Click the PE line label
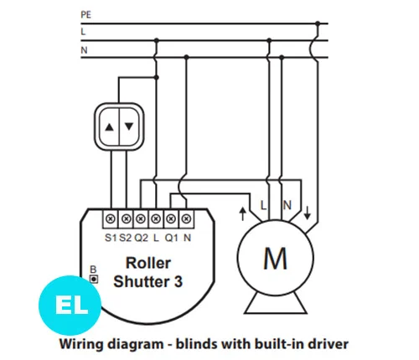(86, 14)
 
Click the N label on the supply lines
(84, 50)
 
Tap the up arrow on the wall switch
(110, 127)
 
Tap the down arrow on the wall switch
(129, 126)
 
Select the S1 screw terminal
(111, 219)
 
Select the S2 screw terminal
(127, 219)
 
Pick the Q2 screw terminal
(141, 219)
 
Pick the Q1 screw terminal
(171, 219)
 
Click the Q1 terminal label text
(171, 238)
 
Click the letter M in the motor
(275, 259)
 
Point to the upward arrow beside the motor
(243, 213)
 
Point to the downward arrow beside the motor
(308, 213)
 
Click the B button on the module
(94, 279)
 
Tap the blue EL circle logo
(70, 305)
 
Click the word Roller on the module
(148, 263)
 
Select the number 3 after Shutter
(178, 281)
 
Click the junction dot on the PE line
(318, 23)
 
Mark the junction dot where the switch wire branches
(157, 77)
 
